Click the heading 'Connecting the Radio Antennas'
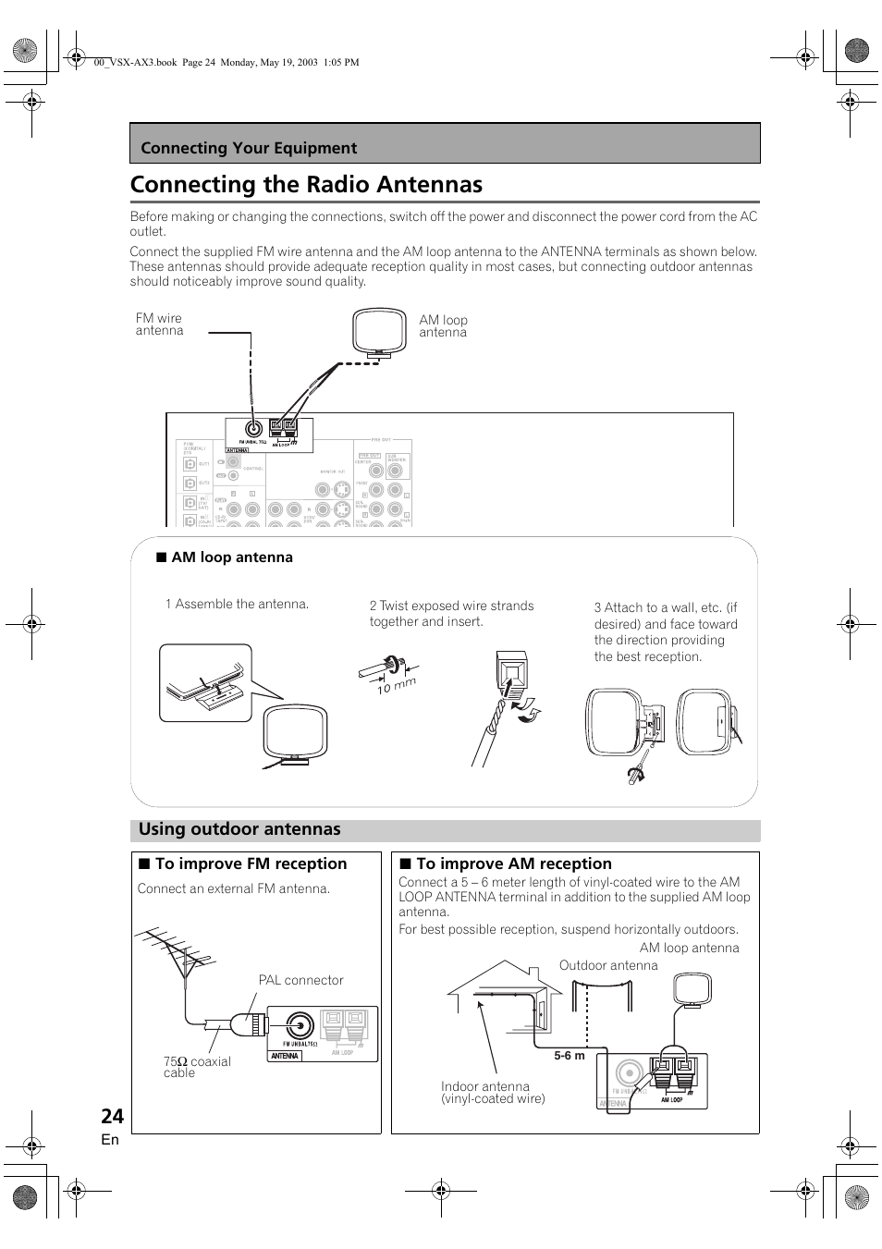click(x=306, y=184)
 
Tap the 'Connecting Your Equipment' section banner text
click(x=249, y=148)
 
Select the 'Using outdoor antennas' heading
click(x=239, y=829)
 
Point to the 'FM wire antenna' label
click(x=159, y=324)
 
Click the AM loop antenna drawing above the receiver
click(x=379, y=332)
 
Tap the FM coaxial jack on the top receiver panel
click(x=251, y=428)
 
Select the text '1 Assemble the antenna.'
click(x=237, y=604)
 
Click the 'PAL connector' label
click(x=300, y=980)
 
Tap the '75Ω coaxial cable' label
click(x=196, y=1067)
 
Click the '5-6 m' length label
click(x=570, y=1056)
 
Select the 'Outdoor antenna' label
click(x=608, y=965)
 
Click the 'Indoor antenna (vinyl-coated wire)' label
click(x=493, y=1093)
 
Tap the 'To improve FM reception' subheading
click(x=251, y=863)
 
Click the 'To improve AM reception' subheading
click(x=513, y=863)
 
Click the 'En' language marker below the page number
click(x=110, y=1140)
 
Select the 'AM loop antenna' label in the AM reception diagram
click(x=689, y=948)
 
